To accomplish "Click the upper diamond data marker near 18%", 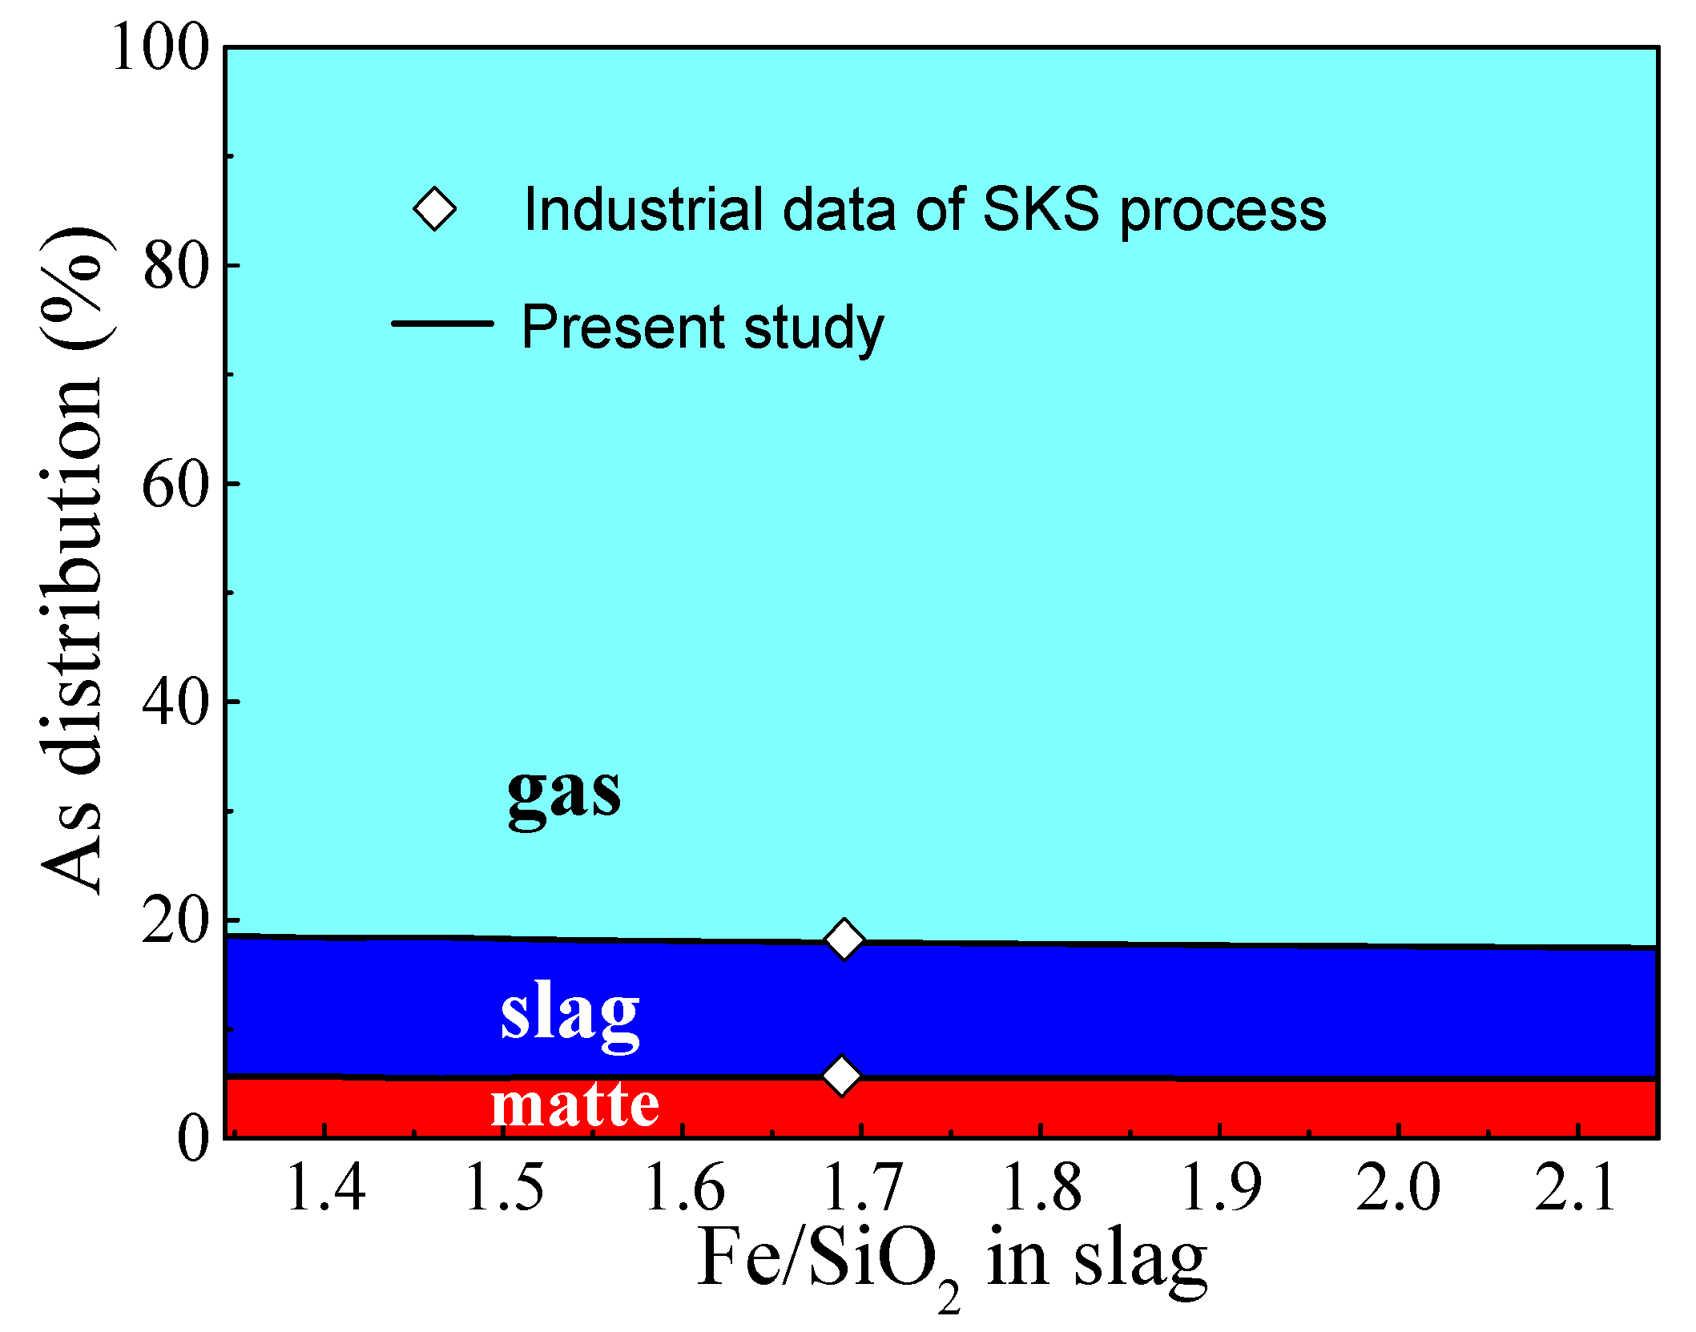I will [x=844, y=939].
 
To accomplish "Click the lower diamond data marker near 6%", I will [x=841, y=1076].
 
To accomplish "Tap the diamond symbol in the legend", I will [x=435, y=209].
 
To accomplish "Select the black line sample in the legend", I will [x=442, y=324].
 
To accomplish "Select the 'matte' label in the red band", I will [x=574, y=1105].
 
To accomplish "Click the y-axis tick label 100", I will [x=160, y=48].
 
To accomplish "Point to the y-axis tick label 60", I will [x=175, y=485].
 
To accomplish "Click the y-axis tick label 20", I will [x=175, y=921].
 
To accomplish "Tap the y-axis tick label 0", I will [x=193, y=1137].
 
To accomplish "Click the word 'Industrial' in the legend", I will [x=642, y=209].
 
